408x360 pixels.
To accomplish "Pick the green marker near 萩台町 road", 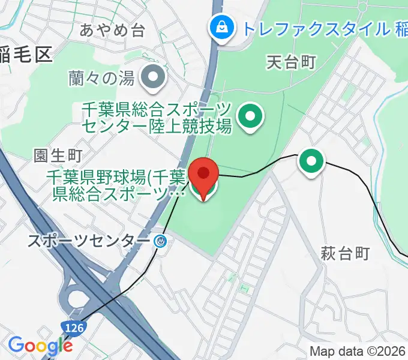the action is click(311, 161).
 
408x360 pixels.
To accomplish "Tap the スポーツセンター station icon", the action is click(160, 241).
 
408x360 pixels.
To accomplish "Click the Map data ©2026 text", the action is click(358, 352).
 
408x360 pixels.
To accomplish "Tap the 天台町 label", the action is click(290, 61).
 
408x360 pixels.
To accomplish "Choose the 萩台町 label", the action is click(345, 254).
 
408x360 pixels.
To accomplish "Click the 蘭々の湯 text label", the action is click(103, 77).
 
